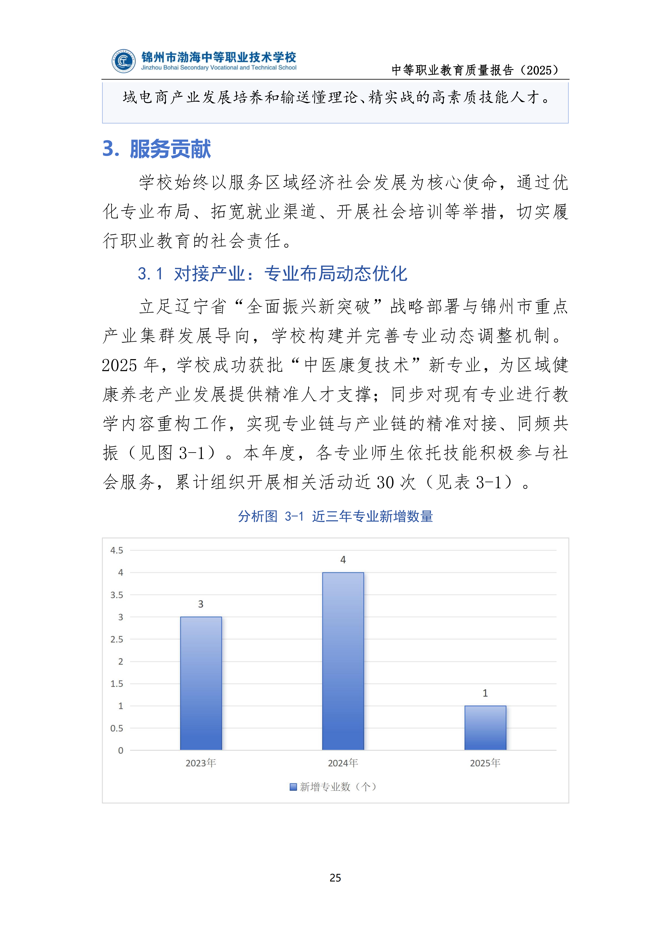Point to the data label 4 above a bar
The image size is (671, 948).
pos(343,560)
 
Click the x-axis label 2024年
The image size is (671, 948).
pos(343,763)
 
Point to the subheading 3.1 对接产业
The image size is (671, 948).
pos(273,273)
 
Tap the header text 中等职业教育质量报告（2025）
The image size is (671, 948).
pos(475,70)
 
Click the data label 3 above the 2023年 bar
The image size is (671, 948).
pos(201,604)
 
